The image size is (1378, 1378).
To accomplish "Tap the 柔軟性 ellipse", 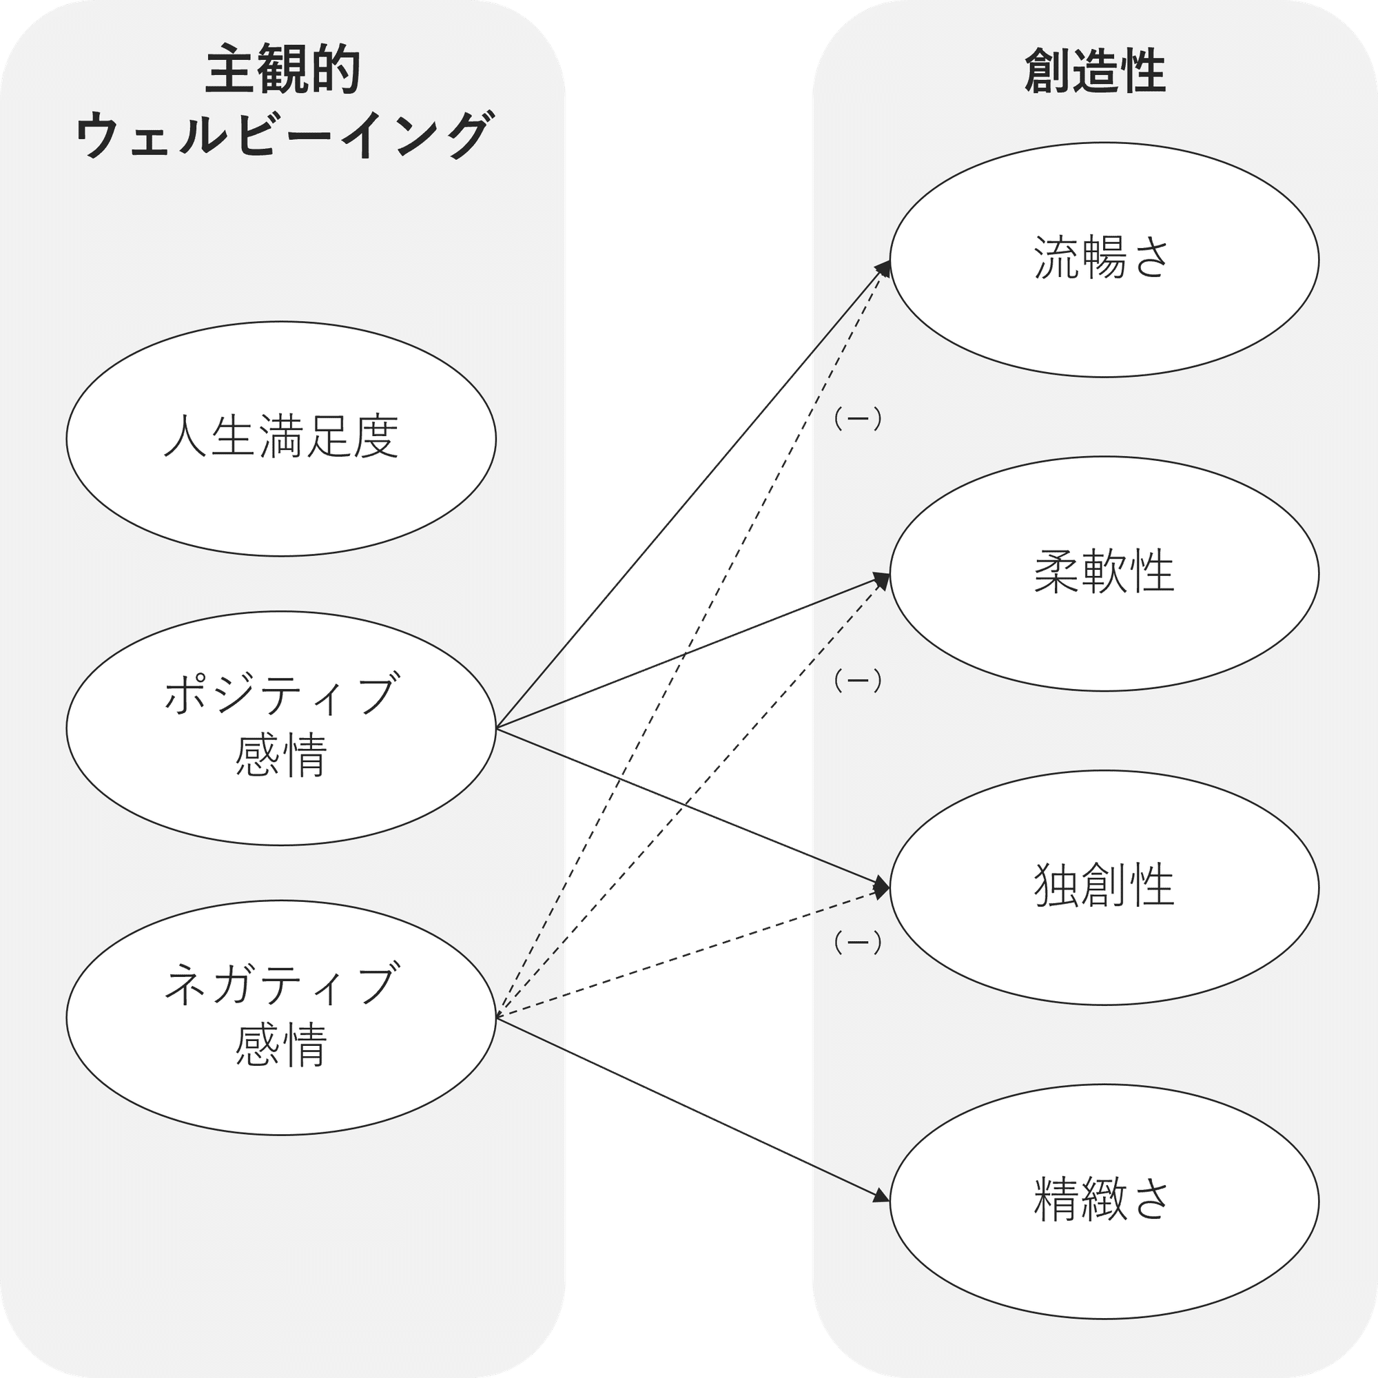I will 1103,573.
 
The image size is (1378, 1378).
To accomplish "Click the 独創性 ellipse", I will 1103,887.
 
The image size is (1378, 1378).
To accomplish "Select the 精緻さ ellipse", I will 1103,1201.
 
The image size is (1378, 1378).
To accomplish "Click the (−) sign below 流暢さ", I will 857,420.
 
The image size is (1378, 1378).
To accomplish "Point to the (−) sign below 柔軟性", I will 857,681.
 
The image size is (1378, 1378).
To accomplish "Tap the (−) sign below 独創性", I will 857,943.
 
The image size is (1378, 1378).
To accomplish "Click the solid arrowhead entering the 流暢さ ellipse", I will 885,267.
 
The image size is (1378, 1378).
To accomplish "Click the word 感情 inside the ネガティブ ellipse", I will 281,1045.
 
